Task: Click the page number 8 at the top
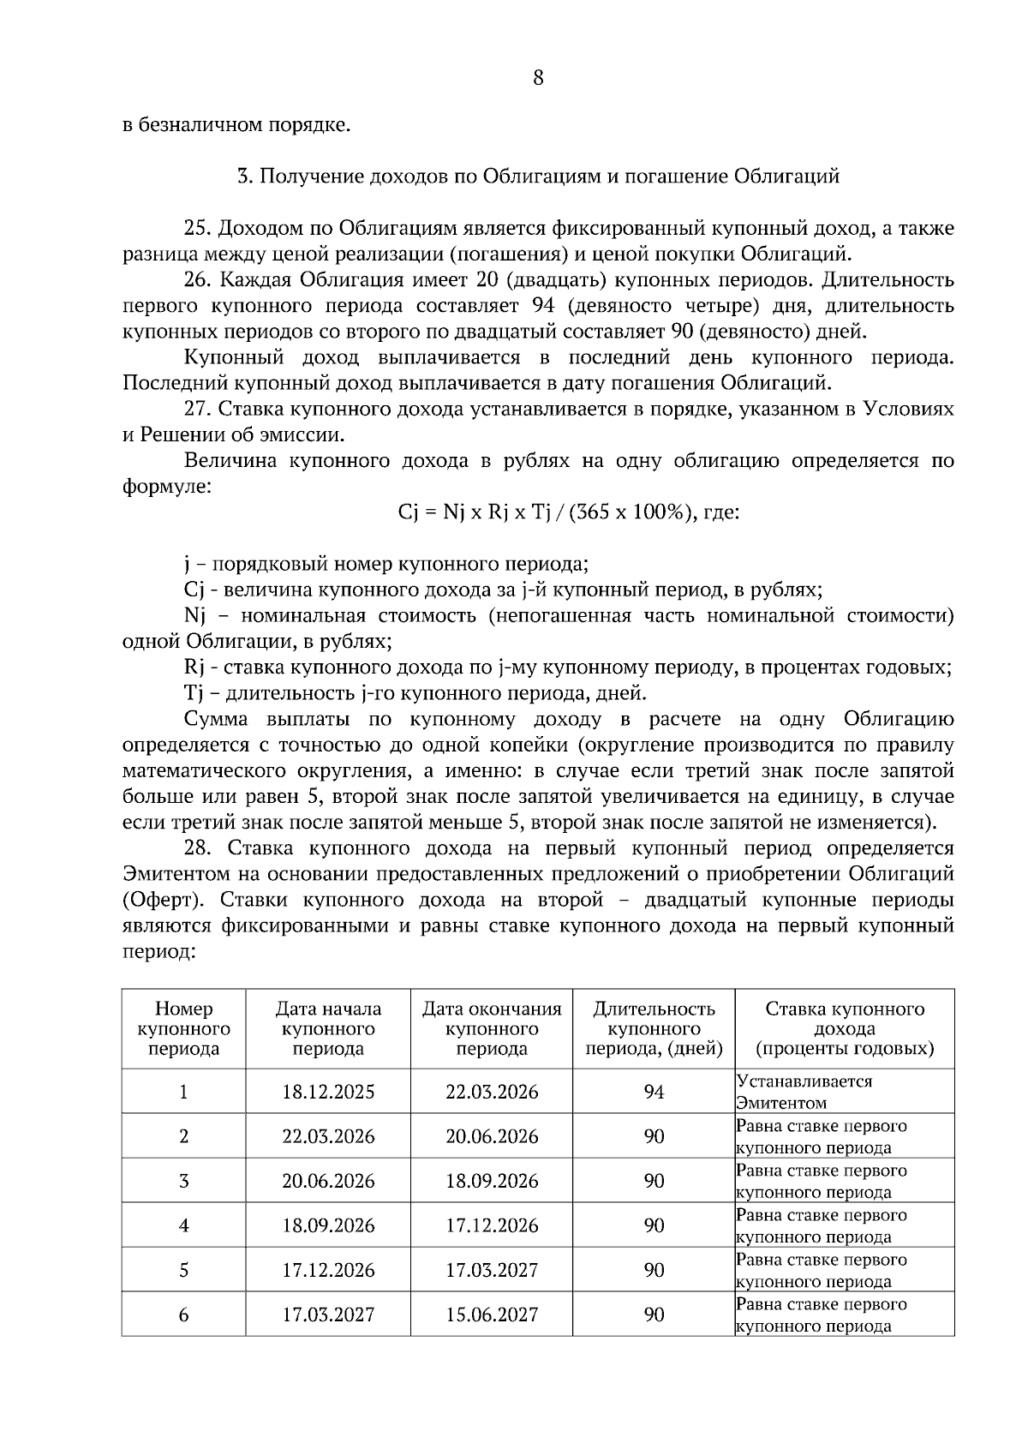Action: click(x=538, y=78)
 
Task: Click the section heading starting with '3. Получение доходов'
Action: click(x=538, y=177)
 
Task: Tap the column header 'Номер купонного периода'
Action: click(x=183, y=1028)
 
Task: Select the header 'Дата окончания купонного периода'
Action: click(x=492, y=1028)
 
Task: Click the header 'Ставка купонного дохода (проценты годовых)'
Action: click(x=844, y=1028)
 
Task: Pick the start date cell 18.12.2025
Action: click(x=328, y=1092)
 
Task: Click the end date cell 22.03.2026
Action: click(x=492, y=1092)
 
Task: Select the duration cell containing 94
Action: click(x=654, y=1092)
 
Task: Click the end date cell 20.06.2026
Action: click(x=492, y=1136)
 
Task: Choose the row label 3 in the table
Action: click(x=183, y=1181)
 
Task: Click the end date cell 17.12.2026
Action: click(x=492, y=1225)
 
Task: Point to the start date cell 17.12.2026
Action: click(x=328, y=1270)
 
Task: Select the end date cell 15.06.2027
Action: click(x=492, y=1314)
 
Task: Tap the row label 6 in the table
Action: click(x=183, y=1314)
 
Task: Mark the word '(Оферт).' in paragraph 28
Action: click(x=165, y=901)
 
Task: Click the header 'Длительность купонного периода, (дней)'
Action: click(x=654, y=1028)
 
